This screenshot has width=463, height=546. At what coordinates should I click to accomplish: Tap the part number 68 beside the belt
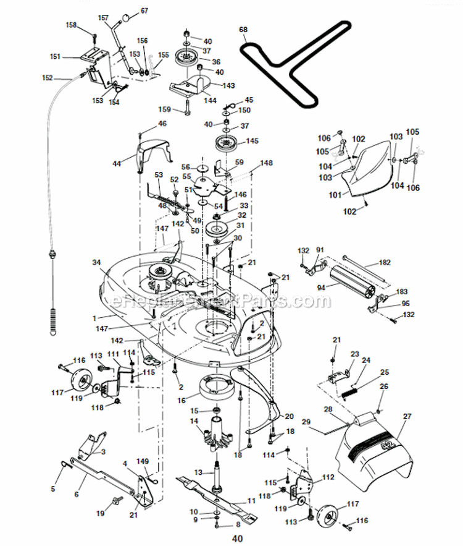[243, 30]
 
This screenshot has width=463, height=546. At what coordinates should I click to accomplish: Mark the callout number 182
[402, 262]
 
